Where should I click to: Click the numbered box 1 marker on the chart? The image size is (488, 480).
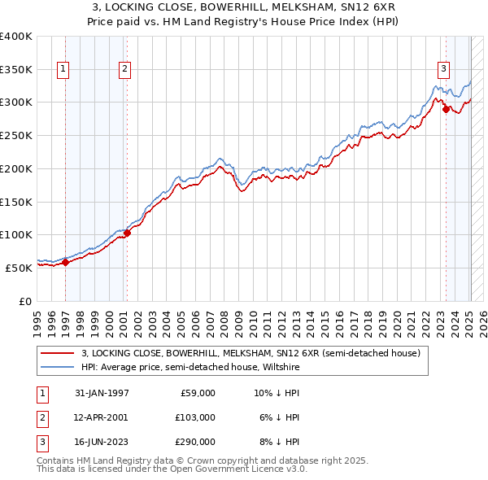click(63, 69)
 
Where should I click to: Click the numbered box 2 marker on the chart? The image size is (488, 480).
click(124, 69)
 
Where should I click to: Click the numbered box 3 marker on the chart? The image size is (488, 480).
click(443, 69)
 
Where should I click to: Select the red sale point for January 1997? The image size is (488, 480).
click(66, 261)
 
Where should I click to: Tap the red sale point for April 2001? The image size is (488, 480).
click(127, 232)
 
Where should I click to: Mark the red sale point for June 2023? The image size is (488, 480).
click(446, 109)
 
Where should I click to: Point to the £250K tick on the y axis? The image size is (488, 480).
click(15, 135)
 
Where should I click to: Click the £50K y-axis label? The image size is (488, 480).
click(19, 268)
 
